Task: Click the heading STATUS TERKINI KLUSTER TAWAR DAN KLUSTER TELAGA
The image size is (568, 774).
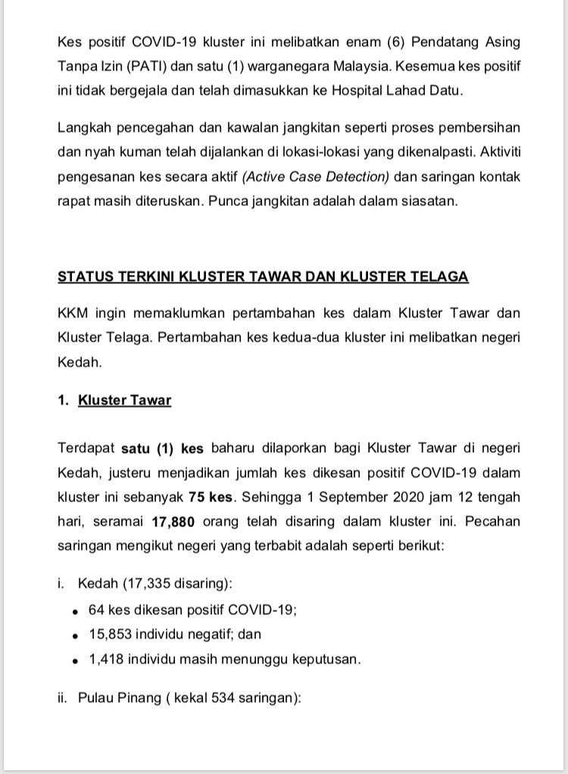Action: click(263, 276)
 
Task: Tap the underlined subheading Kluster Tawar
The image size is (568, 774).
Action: click(124, 401)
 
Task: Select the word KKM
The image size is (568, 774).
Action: click(73, 314)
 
